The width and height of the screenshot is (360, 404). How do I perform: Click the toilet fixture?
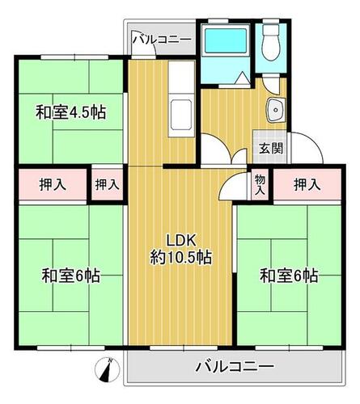[271, 43]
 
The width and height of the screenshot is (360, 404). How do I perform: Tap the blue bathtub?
[226, 40]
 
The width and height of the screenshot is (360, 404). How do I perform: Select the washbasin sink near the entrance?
[275, 110]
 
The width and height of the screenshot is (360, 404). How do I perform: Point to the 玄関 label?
[271, 148]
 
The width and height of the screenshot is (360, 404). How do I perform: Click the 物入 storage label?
[260, 184]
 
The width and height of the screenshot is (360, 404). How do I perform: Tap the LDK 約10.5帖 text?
[180, 249]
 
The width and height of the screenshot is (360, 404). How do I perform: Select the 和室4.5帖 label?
[70, 112]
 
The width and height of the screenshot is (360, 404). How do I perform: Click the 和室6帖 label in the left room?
[70, 276]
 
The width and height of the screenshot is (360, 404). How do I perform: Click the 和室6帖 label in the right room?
[289, 276]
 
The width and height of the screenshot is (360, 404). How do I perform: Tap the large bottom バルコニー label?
[235, 367]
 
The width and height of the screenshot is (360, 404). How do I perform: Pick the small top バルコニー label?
[162, 40]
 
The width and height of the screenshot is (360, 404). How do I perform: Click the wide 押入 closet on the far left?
[53, 185]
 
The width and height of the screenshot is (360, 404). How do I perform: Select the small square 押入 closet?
[107, 185]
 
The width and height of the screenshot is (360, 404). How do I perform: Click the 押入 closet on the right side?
[307, 185]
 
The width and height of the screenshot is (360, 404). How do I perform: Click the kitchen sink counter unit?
[181, 99]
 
